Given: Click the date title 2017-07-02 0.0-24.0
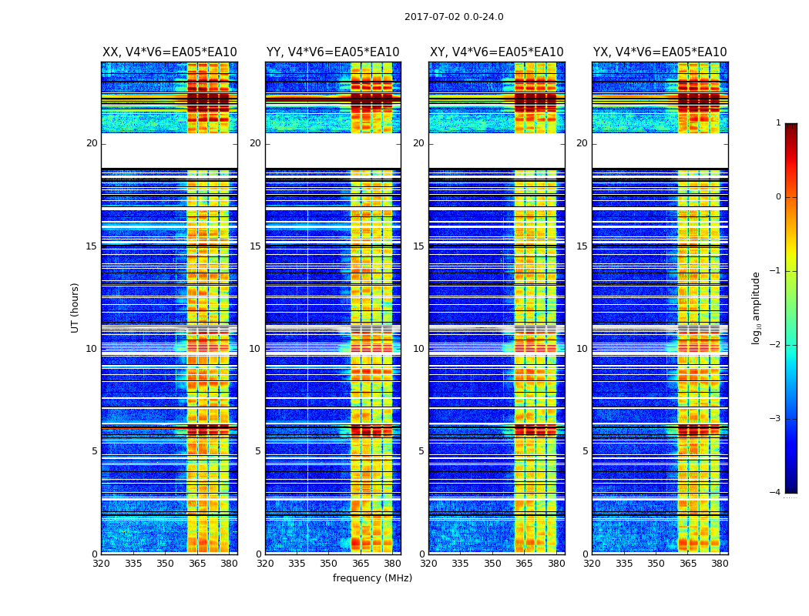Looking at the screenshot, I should pyautogui.click(x=454, y=17).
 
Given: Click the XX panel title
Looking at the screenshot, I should pyautogui.click(x=170, y=52).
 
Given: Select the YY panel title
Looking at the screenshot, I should pyautogui.click(x=333, y=52).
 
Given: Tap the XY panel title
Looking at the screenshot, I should pyautogui.click(x=497, y=52).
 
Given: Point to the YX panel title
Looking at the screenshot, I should pyautogui.click(x=660, y=52).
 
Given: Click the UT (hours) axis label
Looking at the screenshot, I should pyautogui.click(x=76, y=307).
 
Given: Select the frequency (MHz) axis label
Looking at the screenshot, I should pyautogui.click(x=372, y=578).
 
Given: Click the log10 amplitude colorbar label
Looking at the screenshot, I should pyautogui.click(x=757, y=307).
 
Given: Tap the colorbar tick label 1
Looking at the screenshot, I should pyautogui.click(x=778, y=123).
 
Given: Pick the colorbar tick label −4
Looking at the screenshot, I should pyautogui.click(x=776, y=493).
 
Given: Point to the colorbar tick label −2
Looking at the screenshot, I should pyautogui.click(x=776, y=345).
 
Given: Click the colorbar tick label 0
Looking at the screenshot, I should pyautogui.click(x=778, y=197).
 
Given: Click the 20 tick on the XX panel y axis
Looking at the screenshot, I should pyautogui.click(x=92, y=143).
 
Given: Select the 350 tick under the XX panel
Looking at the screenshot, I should pyautogui.click(x=165, y=564).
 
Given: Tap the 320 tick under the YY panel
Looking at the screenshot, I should pyautogui.click(x=265, y=564).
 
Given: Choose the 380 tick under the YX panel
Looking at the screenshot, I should pyautogui.click(x=720, y=564).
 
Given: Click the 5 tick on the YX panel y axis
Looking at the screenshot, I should pyautogui.click(x=585, y=451).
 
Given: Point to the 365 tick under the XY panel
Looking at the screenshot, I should pyautogui.click(x=525, y=564).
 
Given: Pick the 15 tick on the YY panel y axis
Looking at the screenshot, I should pyautogui.click(x=255, y=246).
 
